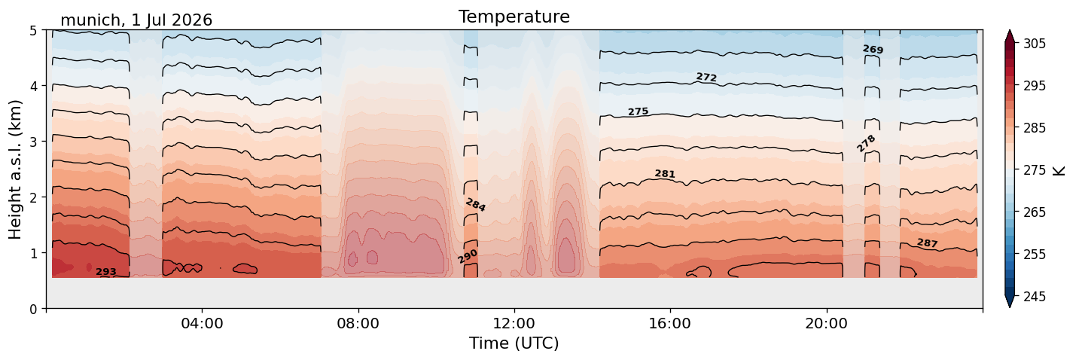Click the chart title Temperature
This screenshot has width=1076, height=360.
pyautogui.click(x=514, y=17)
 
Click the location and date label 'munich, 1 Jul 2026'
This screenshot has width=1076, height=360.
pyautogui.click(x=136, y=20)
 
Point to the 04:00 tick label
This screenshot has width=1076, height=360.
pyautogui.click(x=203, y=323)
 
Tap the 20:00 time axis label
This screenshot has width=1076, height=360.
pyautogui.click(x=827, y=323)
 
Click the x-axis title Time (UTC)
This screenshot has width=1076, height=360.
pyautogui.click(x=514, y=343)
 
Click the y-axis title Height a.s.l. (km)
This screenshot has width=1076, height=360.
pyautogui.click(x=15, y=169)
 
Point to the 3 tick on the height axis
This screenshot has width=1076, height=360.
pyautogui.click(x=33, y=142)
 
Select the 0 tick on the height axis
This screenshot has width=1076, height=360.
pyautogui.click(x=33, y=309)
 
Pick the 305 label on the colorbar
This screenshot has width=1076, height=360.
pyautogui.click(x=1034, y=44)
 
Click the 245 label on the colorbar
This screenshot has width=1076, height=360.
pyautogui.click(x=1034, y=297)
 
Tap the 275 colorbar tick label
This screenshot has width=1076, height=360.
pyautogui.click(x=1034, y=171)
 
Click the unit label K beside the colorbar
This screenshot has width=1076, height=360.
pyautogui.click(x=1059, y=171)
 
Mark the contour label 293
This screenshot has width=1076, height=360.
pyautogui.click(x=106, y=272)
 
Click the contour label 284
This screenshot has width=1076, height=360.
pyautogui.click(x=476, y=206)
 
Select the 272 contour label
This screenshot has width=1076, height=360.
pyautogui.click(x=706, y=77)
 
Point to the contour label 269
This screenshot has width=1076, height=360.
pyautogui.click(x=873, y=50)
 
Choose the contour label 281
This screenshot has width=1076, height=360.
pyautogui.click(x=665, y=174)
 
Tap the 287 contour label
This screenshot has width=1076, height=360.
pyautogui.click(x=927, y=243)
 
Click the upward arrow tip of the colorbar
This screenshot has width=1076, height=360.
pyautogui.click(x=1010, y=30)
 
